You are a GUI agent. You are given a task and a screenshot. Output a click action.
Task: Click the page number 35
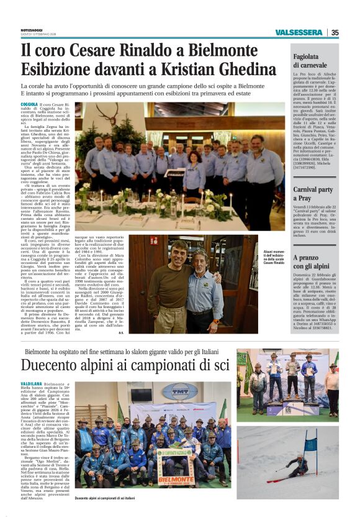(x=335, y=32)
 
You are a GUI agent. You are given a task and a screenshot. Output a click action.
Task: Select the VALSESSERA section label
(x=299, y=32)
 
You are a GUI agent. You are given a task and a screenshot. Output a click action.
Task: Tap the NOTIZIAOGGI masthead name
(x=32, y=30)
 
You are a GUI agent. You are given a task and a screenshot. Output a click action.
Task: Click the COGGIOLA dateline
(x=29, y=104)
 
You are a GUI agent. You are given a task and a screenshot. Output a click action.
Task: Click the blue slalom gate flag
(x=311, y=442)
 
